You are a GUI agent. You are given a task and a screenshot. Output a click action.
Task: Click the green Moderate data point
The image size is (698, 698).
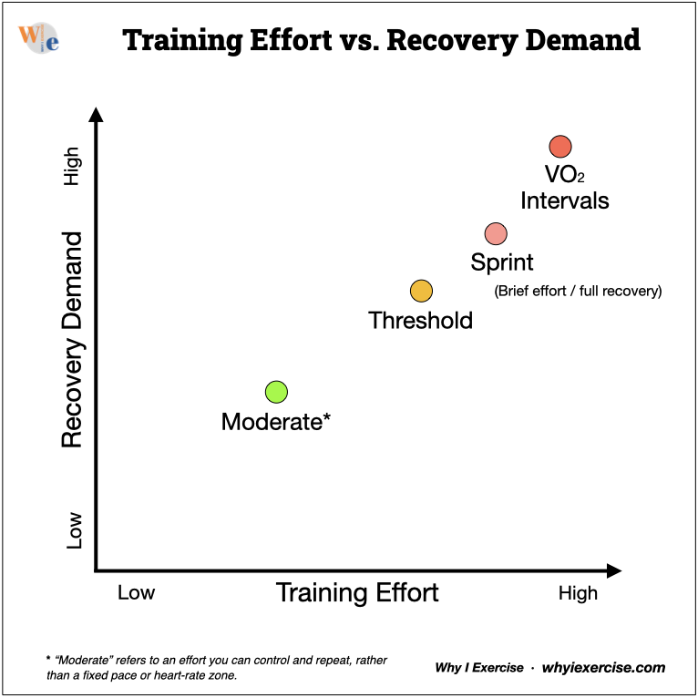tap(276, 392)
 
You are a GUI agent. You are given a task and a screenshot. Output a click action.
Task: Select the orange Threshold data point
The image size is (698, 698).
tap(420, 291)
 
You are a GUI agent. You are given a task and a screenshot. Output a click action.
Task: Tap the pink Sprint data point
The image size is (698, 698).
tap(495, 233)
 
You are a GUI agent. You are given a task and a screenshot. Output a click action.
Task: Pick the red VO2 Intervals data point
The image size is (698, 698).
tap(559, 146)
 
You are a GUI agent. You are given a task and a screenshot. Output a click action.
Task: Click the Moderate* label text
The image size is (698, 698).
tap(275, 422)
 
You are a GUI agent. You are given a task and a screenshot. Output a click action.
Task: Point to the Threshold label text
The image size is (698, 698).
tap(420, 321)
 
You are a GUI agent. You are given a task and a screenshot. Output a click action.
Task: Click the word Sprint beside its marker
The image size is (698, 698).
tap(502, 263)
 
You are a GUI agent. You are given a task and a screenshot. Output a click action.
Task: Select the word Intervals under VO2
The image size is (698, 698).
tap(565, 200)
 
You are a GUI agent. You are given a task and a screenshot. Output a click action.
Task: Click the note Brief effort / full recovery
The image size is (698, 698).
tap(578, 292)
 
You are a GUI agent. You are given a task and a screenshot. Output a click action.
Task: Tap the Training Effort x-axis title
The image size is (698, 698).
tap(357, 593)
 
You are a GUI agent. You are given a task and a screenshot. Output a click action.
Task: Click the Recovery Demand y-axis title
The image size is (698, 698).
tap(73, 339)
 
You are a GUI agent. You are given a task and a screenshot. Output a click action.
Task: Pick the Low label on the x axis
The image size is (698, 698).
tap(137, 593)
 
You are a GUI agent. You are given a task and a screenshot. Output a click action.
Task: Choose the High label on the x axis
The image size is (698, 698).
tap(578, 593)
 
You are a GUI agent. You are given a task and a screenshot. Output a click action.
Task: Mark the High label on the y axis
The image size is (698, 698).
tap(74, 167)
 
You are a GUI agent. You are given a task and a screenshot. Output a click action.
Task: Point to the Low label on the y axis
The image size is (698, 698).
tap(74, 529)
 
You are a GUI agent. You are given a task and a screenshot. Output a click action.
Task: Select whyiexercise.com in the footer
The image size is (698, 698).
tap(603, 668)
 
